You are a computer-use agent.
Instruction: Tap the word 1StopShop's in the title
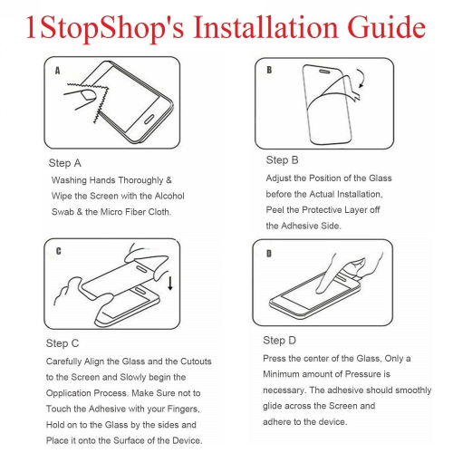[x=105, y=28]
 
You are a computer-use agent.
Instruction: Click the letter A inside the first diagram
[x=57, y=71]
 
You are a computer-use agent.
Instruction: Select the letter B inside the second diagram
[x=269, y=70]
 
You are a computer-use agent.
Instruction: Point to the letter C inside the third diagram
[x=58, y=251]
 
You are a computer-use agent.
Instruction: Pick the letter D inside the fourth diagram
[x=269, y=254]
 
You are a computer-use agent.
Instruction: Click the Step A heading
[x=65, y=163]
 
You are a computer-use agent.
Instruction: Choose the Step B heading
[x=282, y=160]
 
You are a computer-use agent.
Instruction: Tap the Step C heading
[x=63, y=343]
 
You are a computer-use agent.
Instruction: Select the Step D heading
[x=279, y=341]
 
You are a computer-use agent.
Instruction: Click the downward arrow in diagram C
[x=170, y=283]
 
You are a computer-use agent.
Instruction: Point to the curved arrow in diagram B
[x=362, y=78]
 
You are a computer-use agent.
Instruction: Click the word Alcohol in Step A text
[x=169, y=196]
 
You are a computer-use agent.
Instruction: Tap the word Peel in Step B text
[x=275, y=209]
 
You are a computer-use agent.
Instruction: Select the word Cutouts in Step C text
[x=196, y=361]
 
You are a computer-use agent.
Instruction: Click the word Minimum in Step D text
[x=281, y=374]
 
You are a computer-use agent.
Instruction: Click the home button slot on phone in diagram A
[x=149, y=119]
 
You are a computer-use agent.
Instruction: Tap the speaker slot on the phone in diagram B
[x=324, y=72]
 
